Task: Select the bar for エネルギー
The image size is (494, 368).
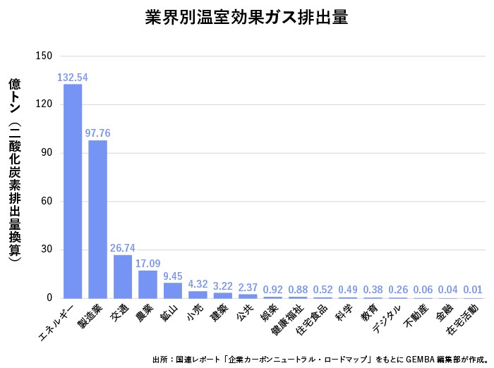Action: click(73, 191)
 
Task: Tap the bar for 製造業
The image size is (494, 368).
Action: click(97, 219)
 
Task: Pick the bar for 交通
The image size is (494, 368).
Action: click(123, 276)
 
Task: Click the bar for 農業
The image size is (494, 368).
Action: click(147, 284)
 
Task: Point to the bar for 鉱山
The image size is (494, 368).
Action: click(173, 290)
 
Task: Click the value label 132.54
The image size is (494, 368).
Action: click(73, 77)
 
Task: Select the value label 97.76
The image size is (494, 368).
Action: click(97, 133)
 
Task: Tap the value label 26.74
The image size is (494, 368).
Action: click(123, 248)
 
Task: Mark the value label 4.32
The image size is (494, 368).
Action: click(198, 284)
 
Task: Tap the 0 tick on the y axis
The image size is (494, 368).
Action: click(49, 298)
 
